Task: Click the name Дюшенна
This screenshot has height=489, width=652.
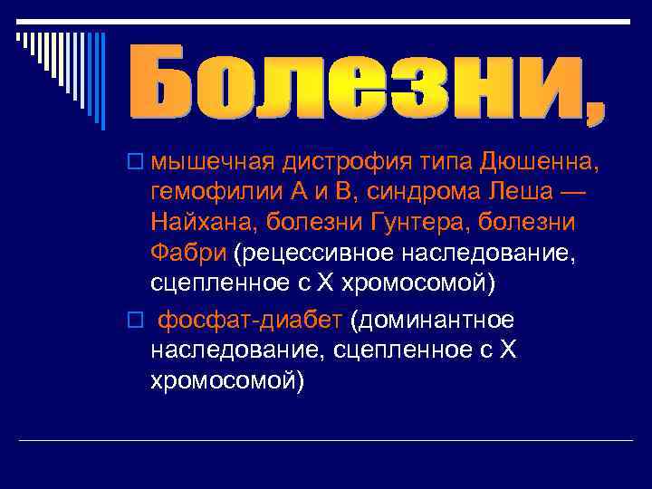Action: pyautogui.click(x=532, y=163)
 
